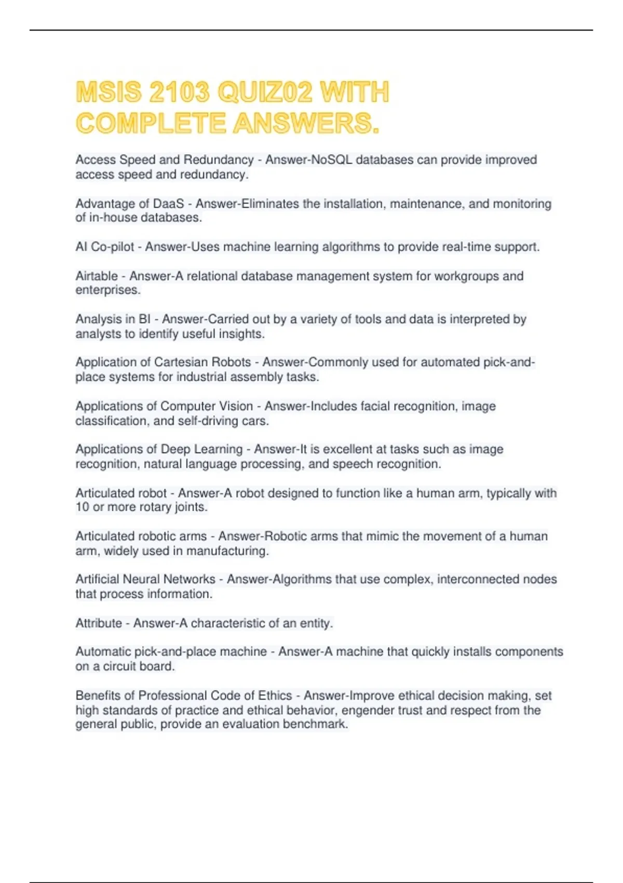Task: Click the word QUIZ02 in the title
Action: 265,92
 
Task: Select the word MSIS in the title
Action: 109,92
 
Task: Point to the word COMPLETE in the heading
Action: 151,124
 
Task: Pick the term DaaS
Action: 168,204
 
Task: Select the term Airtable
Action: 97,276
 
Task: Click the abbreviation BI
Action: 144,319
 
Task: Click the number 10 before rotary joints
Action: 82,507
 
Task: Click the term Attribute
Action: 99,623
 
